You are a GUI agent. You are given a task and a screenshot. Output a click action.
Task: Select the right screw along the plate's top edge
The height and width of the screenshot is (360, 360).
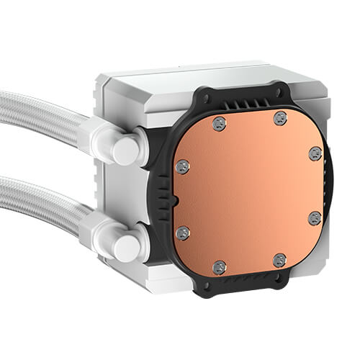point(279,117)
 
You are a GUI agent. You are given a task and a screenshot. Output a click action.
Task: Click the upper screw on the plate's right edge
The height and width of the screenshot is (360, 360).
point(315,153)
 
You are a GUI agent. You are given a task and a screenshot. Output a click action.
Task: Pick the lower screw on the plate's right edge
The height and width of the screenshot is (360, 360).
point(314,217)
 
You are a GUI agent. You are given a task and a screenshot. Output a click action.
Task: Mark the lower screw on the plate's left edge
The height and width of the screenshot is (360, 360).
point(184,232)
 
